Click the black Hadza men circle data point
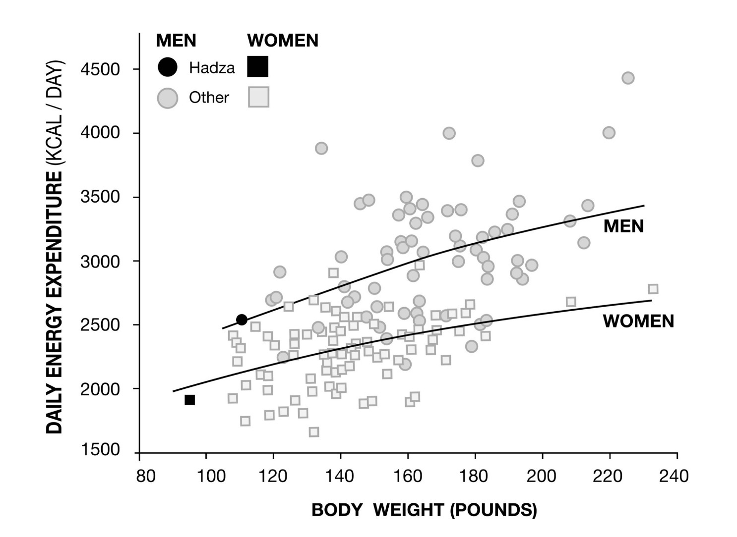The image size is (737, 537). coord(242,320)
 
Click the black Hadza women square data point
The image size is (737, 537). coord(189,400)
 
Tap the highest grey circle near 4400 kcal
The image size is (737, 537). coord(628,78)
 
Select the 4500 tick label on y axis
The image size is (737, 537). coord(100,69)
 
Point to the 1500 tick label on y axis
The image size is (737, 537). coord(100,450)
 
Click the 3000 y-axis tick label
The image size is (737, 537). coord(100,261)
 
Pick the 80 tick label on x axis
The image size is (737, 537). coord(145,476)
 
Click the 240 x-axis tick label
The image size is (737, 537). coord(674,476)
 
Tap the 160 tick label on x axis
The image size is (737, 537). coord(407,476)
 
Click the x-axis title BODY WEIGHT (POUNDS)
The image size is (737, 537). coord(424,510)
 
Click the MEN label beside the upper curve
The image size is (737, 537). coord(623,226)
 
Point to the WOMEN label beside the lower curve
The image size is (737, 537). coord(638,321)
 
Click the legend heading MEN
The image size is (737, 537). coord(176,41)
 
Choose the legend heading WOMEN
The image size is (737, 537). coord(283,41)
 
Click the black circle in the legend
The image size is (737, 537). coord(168,67)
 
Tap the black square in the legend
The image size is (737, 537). coord(258,67)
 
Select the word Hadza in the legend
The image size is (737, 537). coord(212,68)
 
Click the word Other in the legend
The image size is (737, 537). coord(209,98)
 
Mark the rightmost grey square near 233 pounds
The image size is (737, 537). coord(653,289)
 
